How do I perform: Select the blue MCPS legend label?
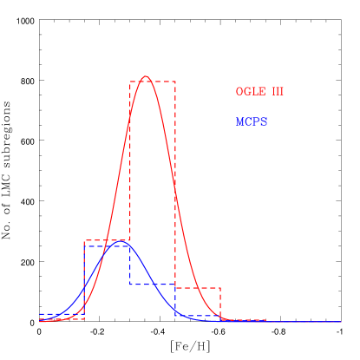[x=252, y=122]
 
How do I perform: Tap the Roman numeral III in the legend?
[x=278, y=92]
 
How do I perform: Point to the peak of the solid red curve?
[x=146, y=76]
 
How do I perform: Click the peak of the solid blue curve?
[x=117, y=243]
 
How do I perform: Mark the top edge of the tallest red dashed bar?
[x=153, y=82]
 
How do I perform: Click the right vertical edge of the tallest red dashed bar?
[x=175, y=173]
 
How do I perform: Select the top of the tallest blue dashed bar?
[x=107, y=246]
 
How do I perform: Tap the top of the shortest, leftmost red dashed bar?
[x=62, y=319]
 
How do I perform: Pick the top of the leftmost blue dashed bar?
[x=62, y=314]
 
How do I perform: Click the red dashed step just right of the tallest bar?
[x=198, y=288]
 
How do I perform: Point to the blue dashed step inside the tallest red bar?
[x=153, y=285]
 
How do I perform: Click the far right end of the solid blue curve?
[x=341, y=322]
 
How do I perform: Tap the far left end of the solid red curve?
[x=40, y=321]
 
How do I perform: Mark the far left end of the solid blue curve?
[x=40, y=318]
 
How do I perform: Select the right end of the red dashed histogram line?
[x=265, y=320]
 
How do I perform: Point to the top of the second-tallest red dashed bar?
[x=107, y=241]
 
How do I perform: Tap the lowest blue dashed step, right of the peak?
[x=198, y=316]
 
